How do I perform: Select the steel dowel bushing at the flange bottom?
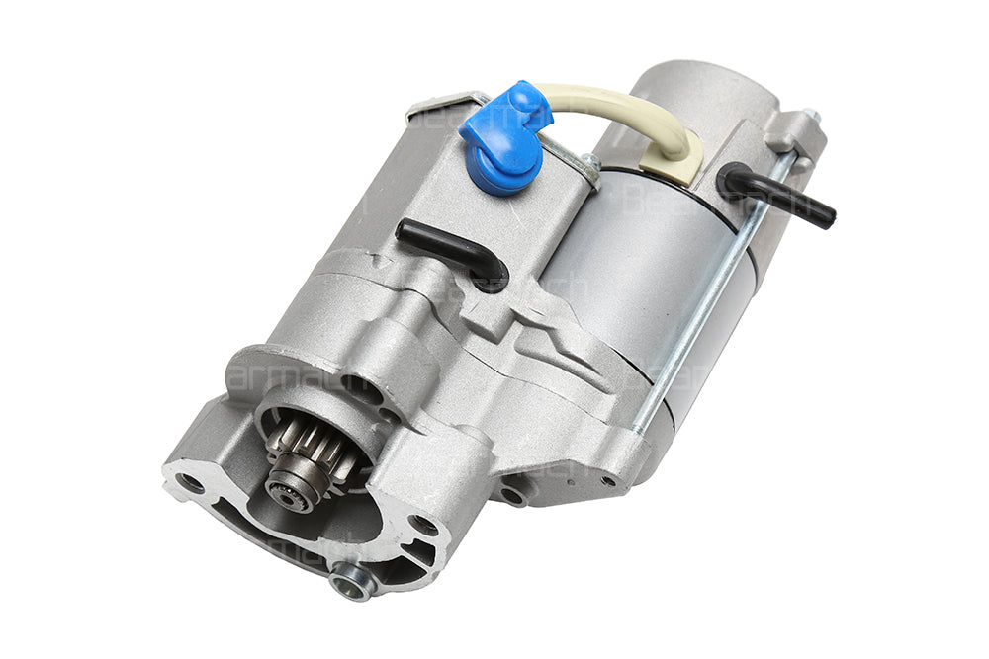pos(352,580)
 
